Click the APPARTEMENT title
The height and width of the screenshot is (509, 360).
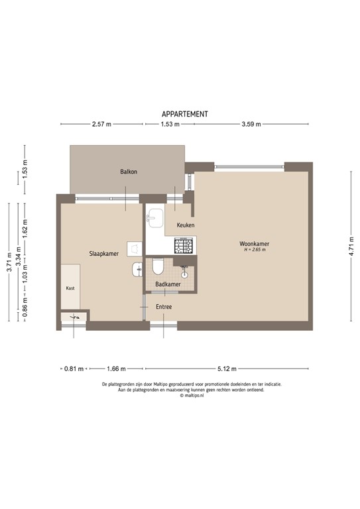point(185,114)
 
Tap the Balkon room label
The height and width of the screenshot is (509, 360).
point(129,172)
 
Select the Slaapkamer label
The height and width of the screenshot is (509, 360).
point(105,253)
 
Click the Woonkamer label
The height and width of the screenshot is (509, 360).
point(254,244)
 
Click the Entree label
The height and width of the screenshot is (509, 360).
point(164,307)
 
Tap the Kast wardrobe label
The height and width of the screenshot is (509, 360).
point(70,288)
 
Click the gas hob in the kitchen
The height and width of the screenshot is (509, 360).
point(183,247)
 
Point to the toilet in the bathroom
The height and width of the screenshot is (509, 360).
point(158,267)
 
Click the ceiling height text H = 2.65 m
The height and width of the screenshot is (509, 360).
point(254,251)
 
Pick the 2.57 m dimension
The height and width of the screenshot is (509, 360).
point(101,124)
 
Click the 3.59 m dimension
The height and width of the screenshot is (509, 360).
point(251,124)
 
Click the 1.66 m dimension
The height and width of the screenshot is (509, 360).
point(115,368)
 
